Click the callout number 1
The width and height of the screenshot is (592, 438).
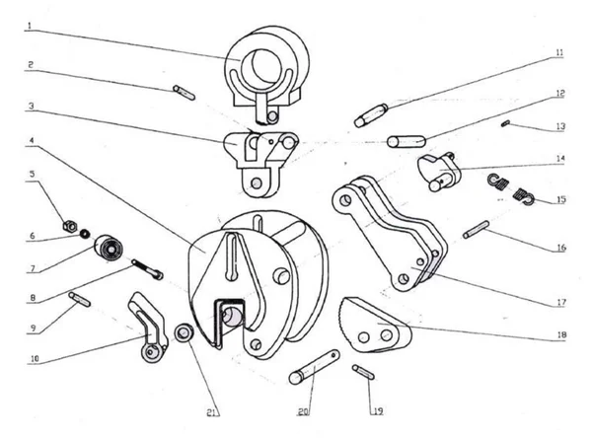(x=29, y=27)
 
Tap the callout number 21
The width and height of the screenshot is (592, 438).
(x=212, y=412)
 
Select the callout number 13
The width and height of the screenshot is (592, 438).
(x=560, y=126)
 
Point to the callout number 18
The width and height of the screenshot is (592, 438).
(x=561, y=335)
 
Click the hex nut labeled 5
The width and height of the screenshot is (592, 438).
(x=69, y=226)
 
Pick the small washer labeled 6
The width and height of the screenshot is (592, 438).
(x=85, y=234)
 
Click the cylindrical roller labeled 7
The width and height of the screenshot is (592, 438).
(x=109, y=248)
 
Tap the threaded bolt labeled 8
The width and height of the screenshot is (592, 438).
(x=147, y=269)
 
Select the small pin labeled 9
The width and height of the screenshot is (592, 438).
(x=79, y=299)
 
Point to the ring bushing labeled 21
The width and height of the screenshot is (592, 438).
(x=184, y=333)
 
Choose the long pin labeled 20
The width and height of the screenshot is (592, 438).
(x=314, y=367)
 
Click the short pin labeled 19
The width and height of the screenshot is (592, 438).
(x=363, y=372)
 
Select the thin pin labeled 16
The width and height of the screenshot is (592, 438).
(x=477, y=230)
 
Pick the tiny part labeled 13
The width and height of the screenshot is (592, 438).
(x=505, y=123)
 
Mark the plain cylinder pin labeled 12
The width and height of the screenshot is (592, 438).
(x=407, y=141)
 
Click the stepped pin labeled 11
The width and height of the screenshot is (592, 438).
(x=371, y=115)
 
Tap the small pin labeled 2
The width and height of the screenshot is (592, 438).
(x=184, y=93)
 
